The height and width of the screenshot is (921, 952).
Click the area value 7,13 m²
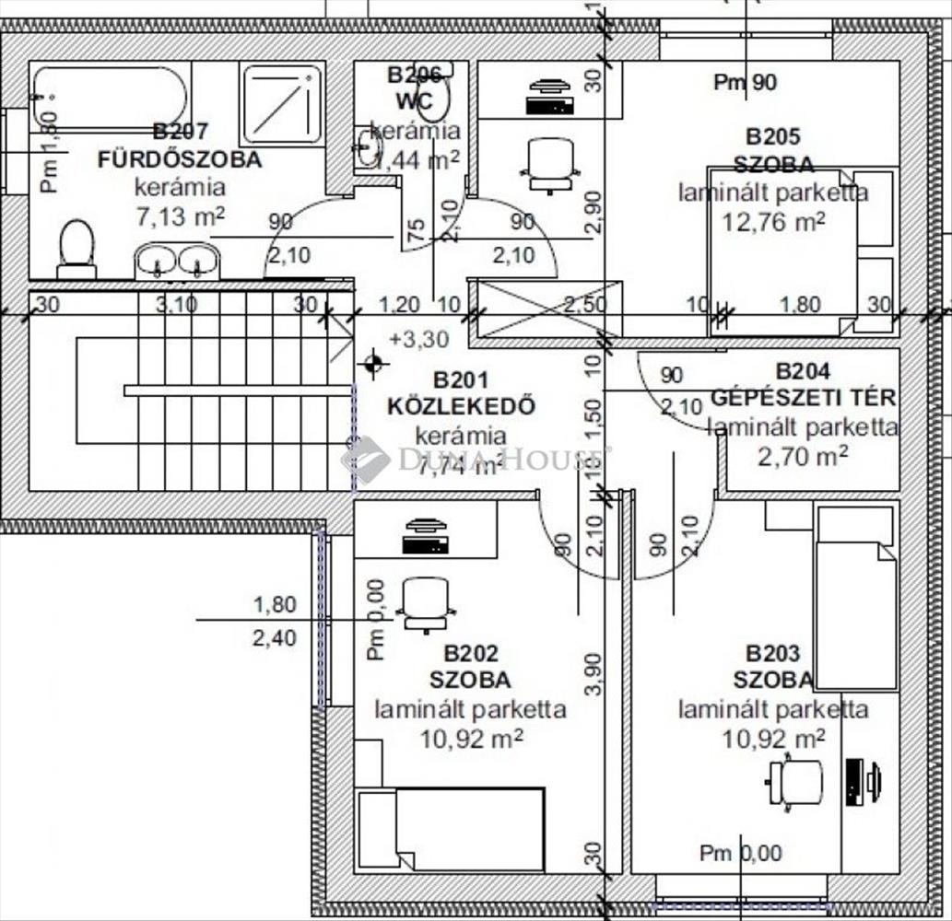pyautogui.click(x=180, y=217)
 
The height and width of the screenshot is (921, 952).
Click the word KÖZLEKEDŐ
pyautogui.click(x=461, y=406)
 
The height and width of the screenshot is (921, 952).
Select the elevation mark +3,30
pyautogui.click(x=419, y=339)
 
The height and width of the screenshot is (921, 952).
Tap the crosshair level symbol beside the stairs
pyautogui.click(x=372, y=363)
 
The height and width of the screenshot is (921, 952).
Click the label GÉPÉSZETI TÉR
pyautogui.click(x=803, y=399)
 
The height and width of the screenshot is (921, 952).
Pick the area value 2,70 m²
pyautogui.click(x=803, y=454)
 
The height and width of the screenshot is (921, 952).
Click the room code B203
pyautogui.click(x=773, y=654)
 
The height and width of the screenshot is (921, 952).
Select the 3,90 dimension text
pyautogui.click(x=594, y=674)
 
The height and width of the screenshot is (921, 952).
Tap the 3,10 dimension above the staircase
pyautogui.click(x=175, y=304)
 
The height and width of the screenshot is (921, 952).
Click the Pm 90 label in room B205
pyautogui.click(x=746, y=82)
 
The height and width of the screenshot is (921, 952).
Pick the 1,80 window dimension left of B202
pyautogui.click(x=275, y=605)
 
